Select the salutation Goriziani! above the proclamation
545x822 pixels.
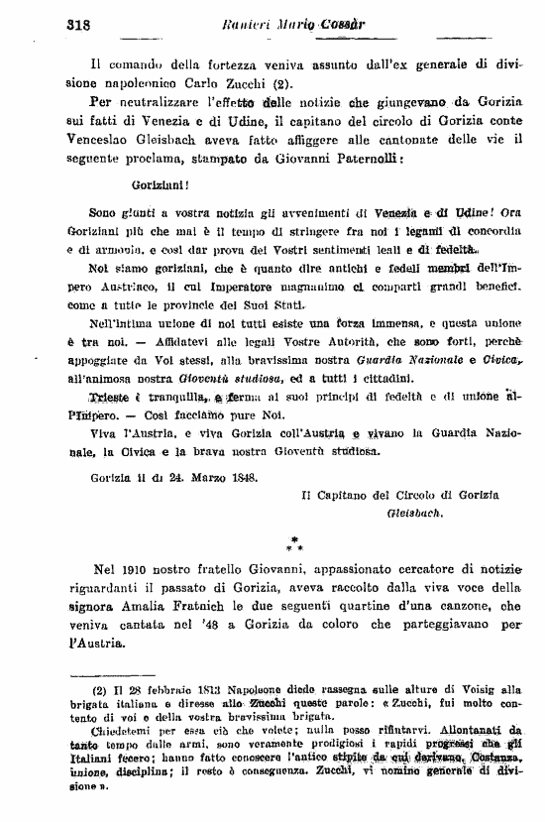point(160,183)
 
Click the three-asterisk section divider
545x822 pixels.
point(295,542)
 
